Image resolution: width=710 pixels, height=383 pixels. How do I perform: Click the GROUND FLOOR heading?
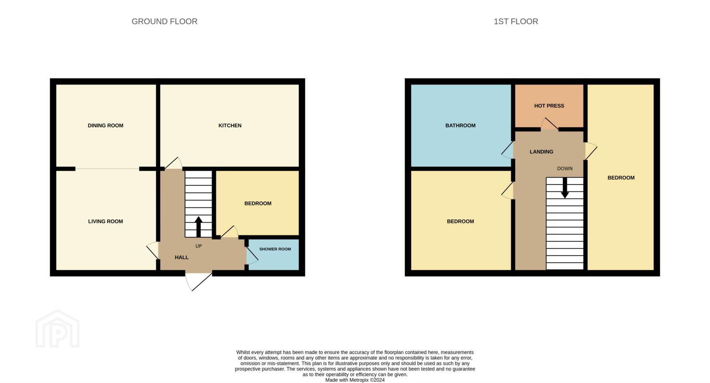(x=165, y=21)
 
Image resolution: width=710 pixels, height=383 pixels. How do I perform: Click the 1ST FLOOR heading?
(x=516, y=21)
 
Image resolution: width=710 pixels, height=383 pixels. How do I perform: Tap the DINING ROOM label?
(x=105, y=125)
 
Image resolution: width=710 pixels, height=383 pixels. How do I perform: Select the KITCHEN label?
(x=230, y=125)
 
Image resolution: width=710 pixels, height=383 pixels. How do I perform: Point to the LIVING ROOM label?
(x=105, y=221)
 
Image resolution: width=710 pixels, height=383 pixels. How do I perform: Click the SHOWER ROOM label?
(x=275, y=249)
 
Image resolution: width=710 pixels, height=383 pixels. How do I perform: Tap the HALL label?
(x=182, y=257)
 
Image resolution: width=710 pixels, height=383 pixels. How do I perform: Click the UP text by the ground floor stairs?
(x=199, y=246)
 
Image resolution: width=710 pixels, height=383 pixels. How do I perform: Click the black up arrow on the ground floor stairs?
(x=199, y=227)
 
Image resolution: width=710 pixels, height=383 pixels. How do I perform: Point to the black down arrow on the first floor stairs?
(x=565, y=188)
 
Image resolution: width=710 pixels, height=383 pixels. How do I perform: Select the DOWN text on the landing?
(x=565, y=168)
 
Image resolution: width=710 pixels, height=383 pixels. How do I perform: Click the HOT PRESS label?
(x=549, y=106)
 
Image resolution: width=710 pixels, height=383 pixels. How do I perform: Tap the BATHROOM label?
(x=460, y=125)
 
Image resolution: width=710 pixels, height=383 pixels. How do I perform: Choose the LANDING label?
(x=541, y=152)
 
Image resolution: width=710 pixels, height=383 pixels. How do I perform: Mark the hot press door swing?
(x=550, y=124)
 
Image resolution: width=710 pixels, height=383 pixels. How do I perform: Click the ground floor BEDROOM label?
(x=258, y=203)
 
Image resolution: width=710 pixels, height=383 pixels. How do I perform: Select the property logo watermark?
(x=58, y=329)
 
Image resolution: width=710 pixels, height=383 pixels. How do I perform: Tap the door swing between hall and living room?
(x=152, y=251)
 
